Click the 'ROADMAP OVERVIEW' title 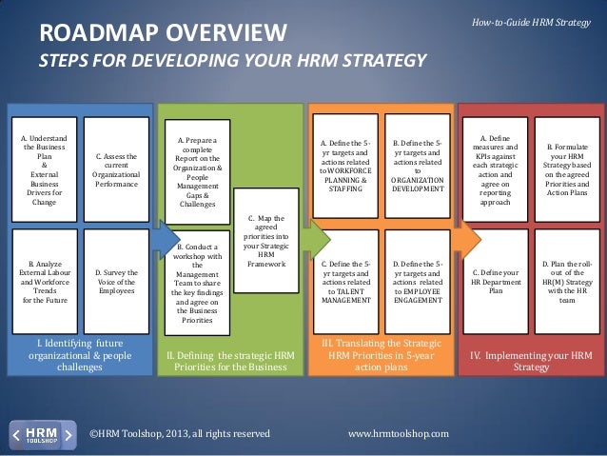click(x=162, y=35)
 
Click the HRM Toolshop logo click(x=42, y=433)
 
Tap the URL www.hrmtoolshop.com click(x=399, y=434)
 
